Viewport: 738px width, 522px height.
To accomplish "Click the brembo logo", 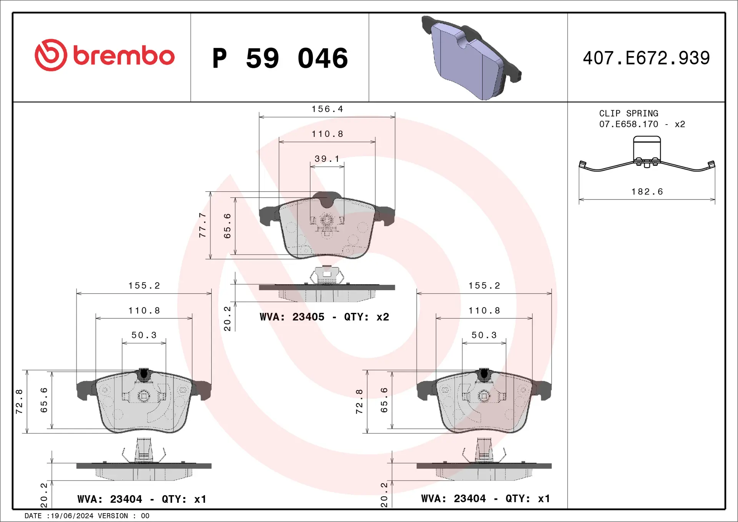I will pos(105,55).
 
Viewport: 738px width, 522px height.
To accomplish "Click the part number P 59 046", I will pos(280,58).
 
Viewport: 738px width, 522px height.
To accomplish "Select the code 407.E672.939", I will pos(646,58).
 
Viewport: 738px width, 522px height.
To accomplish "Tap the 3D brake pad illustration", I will pos(471,58).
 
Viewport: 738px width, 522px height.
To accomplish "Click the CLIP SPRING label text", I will pos(628,113).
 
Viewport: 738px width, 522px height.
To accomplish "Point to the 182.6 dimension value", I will pos(647,191).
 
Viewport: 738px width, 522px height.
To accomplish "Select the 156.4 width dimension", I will pos(327,109).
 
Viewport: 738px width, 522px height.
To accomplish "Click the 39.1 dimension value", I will pos(327,159).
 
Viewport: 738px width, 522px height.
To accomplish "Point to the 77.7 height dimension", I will pos(202,225).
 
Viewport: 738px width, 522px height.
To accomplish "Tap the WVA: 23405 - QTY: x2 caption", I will pos(324,317).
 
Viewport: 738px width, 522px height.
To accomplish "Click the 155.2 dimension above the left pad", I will pos(144,286).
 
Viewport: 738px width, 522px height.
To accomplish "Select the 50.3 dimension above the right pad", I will pos(484,335).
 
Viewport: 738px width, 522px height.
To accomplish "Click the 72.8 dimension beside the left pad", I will pos(19,401).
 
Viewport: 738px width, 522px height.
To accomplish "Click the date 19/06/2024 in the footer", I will pos(72,516).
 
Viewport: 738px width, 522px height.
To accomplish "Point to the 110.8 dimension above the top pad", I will pos(327,134).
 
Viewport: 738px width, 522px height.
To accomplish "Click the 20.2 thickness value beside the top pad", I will pos(227,319).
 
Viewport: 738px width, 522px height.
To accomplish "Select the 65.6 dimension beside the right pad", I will pos(384,400).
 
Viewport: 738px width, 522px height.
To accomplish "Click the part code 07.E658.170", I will pos(628,124).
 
